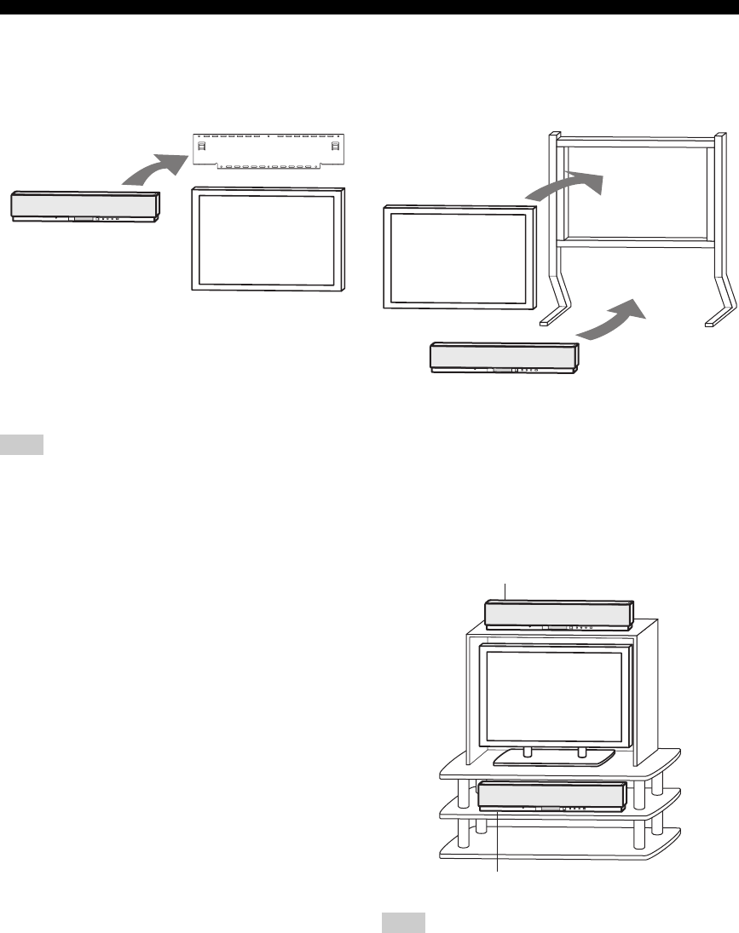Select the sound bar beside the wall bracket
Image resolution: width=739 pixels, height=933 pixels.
point(85,207)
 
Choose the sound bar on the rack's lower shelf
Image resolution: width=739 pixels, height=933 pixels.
point(552,796)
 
